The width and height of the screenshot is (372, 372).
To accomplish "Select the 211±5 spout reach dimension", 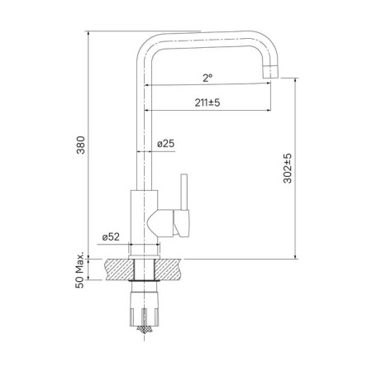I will (207, 102).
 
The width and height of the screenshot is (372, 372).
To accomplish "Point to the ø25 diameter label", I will (166, 144).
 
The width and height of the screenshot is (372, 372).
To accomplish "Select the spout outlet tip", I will (269, 76).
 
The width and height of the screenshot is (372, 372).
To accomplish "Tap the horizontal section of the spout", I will (207, 41).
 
